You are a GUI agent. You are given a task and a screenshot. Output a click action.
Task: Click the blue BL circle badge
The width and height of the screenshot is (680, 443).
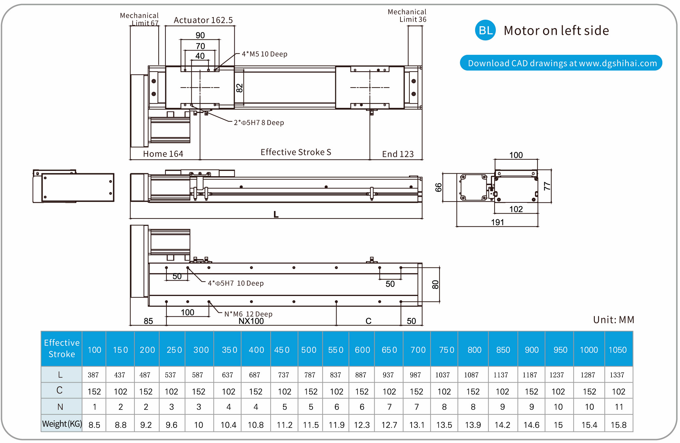485,30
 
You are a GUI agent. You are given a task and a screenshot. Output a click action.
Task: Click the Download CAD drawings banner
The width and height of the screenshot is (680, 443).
561,63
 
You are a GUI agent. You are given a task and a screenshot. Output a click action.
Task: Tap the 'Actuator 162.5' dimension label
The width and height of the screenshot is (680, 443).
203,20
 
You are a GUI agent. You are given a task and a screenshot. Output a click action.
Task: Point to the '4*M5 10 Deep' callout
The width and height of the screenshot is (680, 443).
264,54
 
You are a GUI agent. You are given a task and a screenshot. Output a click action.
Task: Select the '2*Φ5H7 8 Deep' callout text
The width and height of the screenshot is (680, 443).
259,123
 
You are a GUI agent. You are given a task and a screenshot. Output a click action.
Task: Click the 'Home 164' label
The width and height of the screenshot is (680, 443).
163,154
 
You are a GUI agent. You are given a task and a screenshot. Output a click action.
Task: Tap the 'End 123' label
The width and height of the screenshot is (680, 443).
398,154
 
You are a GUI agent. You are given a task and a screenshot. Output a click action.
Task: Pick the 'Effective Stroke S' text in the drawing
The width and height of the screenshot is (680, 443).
296,152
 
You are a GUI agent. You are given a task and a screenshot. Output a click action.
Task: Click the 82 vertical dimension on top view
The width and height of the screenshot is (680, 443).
240,88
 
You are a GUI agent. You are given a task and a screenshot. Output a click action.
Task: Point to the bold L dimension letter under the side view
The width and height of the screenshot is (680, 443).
276,215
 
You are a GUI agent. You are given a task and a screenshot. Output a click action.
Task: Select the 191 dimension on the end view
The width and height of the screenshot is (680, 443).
497,222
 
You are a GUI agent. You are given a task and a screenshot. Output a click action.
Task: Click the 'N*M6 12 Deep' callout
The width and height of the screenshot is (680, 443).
248,314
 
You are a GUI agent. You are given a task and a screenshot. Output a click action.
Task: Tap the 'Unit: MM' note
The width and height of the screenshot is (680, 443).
613,320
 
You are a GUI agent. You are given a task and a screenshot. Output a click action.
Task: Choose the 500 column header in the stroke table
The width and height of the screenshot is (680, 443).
309,350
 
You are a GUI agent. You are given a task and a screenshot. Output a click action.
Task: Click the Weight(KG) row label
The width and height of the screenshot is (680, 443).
62,424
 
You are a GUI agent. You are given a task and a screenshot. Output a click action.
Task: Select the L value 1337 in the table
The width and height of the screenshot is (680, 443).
617,375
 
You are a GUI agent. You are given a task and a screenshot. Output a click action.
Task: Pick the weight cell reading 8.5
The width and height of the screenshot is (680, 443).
94,425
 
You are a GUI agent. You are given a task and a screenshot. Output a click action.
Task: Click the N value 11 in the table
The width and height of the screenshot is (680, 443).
619,407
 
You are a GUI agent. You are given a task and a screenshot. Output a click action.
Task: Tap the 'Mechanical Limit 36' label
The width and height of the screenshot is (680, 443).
407,16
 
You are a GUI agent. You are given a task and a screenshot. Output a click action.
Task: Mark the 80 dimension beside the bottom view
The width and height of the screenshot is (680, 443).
435,285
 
